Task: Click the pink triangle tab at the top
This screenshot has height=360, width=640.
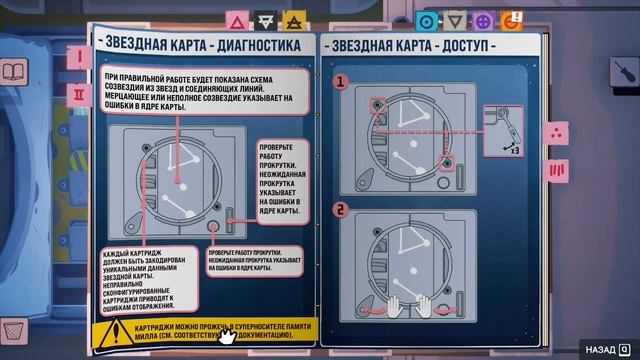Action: [x=237, y=19]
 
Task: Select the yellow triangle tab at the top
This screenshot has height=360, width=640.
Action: [x=293, y=19]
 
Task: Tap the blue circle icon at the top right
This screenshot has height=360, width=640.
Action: [x=427, y=19]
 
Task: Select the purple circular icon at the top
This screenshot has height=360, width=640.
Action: [x=483, y=19]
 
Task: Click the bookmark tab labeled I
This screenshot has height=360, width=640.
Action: [x=78, y=57]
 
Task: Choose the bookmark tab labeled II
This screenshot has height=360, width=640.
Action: [x=78, y=93]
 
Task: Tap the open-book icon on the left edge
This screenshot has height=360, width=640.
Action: [x=14, y=72]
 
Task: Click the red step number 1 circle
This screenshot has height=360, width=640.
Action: [x=341, y=80]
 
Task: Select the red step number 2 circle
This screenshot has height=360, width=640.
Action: [x=341, y=209]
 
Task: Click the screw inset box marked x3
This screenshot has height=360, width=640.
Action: [x=504, y=131]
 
